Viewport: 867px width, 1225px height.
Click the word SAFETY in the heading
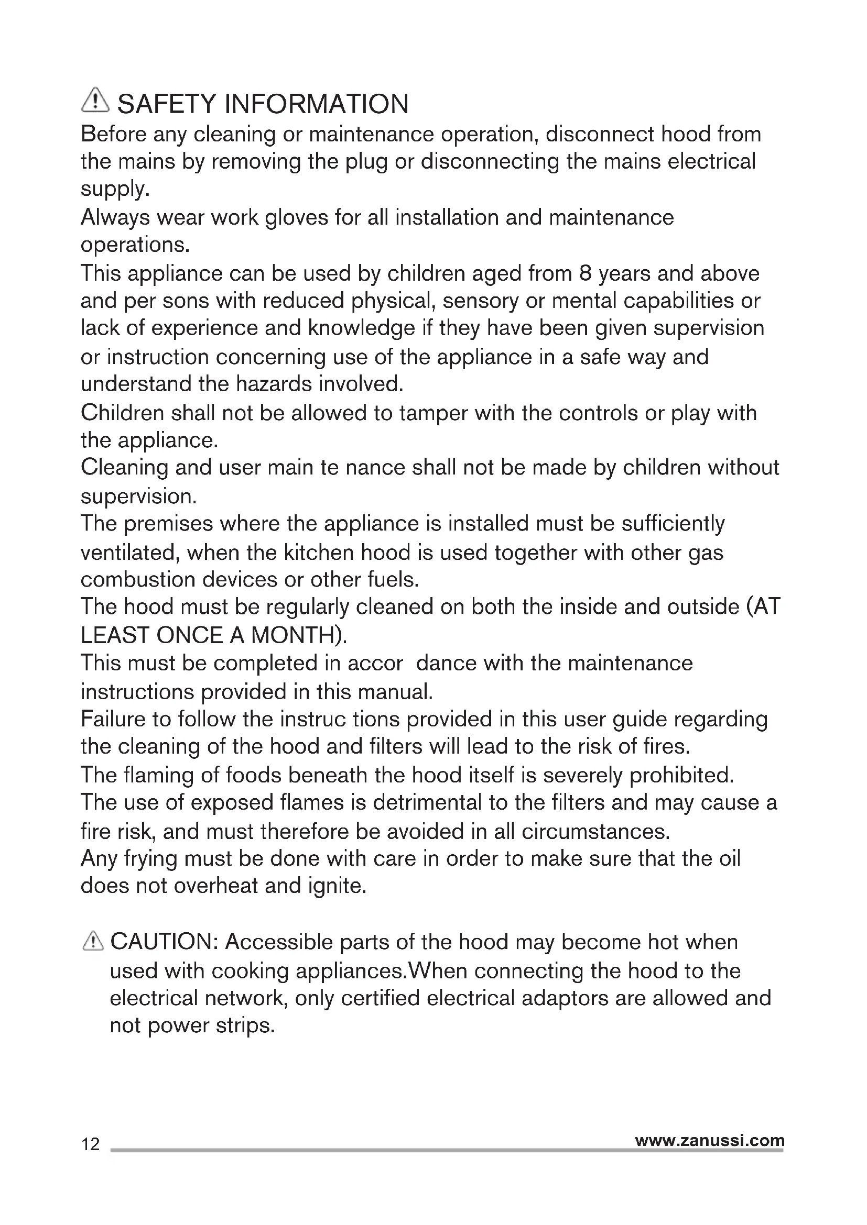click(166, 104)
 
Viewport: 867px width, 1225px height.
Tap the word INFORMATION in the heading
click(317, 104)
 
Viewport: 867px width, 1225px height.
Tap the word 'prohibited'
click(682, 775)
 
